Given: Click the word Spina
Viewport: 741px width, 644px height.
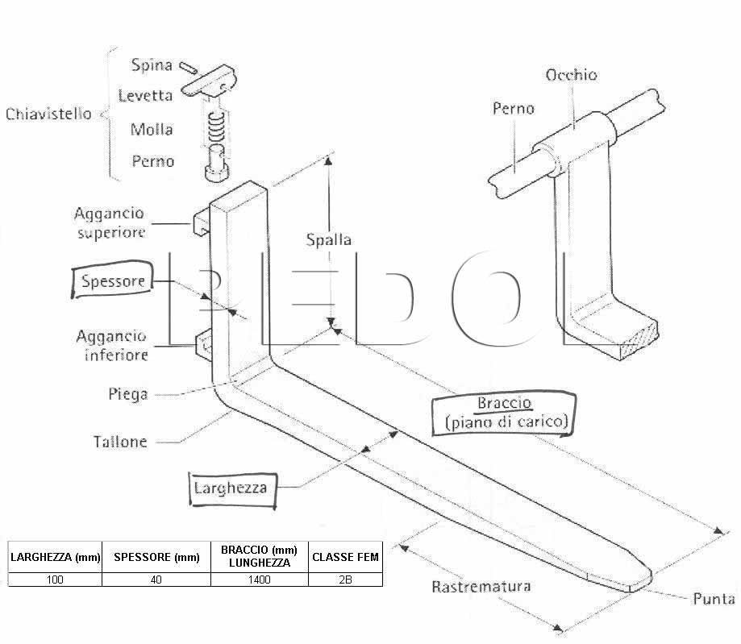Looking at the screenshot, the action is (152, 64).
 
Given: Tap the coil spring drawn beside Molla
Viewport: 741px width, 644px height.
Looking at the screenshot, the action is (216, 127).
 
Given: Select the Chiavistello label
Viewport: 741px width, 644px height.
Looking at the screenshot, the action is (48, 114).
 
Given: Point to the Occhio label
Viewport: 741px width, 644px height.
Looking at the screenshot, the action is (571, 75).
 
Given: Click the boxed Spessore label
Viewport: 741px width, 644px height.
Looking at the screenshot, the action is (112, 280).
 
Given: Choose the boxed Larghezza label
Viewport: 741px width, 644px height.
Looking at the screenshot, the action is (232, 488).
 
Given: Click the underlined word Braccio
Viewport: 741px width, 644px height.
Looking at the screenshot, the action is (505, 403).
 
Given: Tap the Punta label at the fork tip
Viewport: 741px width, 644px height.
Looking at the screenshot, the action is (713, 599).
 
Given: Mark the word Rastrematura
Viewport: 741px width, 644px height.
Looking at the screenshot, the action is (481, 586).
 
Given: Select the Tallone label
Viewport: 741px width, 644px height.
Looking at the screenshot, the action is (120, 442).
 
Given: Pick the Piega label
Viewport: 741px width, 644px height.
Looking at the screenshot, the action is (127, 394).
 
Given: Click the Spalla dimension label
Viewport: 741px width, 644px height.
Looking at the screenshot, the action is (328, 240).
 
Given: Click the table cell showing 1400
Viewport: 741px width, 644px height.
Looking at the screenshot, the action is (260, 580).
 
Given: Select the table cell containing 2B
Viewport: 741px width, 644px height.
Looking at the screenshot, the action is (345, 580).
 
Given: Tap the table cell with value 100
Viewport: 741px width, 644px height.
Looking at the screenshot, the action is (55, 580).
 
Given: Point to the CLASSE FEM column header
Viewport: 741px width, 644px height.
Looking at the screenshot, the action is (345, 557).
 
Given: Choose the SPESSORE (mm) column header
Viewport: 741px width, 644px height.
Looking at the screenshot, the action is (156, 557).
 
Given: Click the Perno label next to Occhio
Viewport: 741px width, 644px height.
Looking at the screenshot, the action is (514, 109).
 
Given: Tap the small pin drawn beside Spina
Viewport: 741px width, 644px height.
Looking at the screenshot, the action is (188, 68).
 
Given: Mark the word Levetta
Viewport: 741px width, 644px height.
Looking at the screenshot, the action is (145, 95).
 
